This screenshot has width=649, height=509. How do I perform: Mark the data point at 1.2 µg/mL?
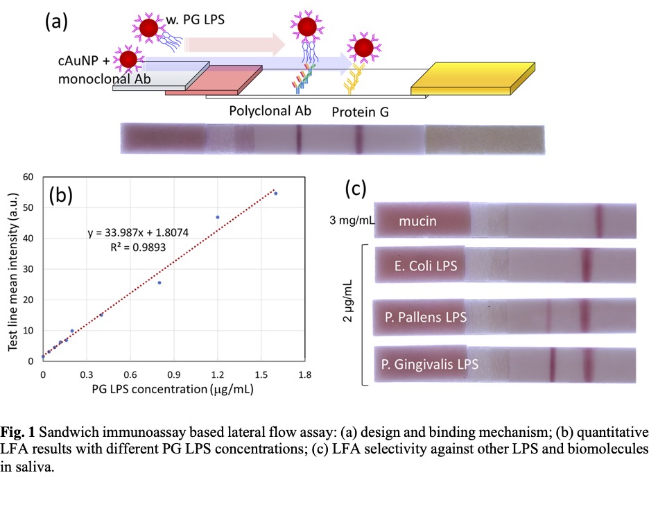point(218,217)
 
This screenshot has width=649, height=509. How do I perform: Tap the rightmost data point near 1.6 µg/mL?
point(275,193)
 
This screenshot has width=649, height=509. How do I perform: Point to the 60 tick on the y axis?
point(28,177)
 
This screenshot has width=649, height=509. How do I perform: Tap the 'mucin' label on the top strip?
point(417,222)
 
